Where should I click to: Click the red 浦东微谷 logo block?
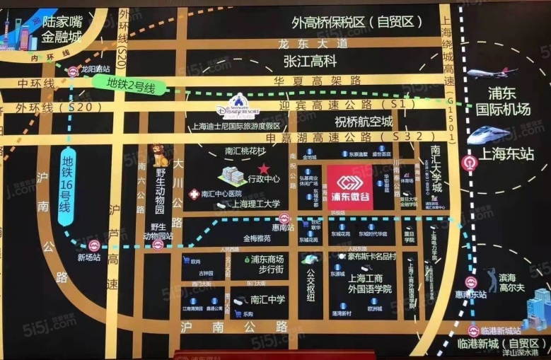(x=349, y=187)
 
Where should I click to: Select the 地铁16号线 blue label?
(x=66, y=187)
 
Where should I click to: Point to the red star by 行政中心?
(x=264, y=168)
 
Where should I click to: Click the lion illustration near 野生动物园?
(x=161, y=156)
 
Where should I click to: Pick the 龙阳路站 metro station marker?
(x=74, y=71)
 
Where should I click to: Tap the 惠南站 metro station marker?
(x=284, y=219)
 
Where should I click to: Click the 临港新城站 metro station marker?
(x=473, y=330)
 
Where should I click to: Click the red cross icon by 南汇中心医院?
(x=193, y=194)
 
